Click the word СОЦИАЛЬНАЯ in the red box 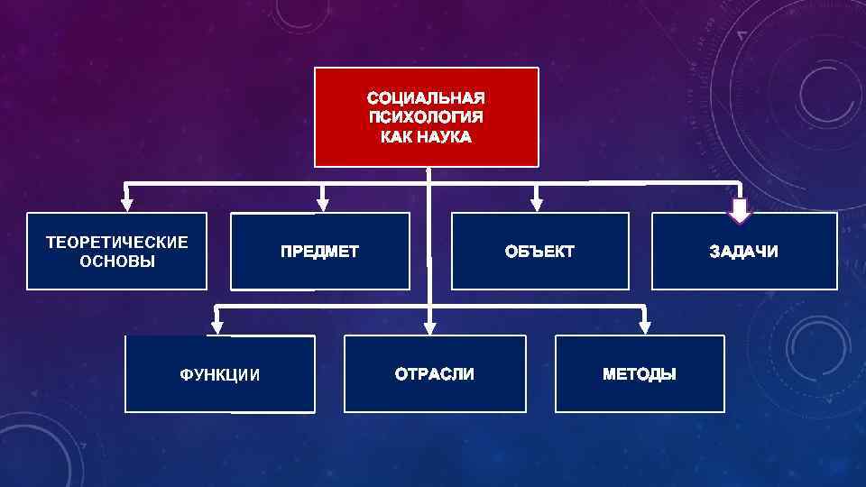point(426,96)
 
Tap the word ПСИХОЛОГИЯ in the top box point(426,117)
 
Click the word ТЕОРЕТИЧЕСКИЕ point(117,243)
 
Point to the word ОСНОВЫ point(117,262)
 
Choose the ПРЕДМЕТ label point(319,252)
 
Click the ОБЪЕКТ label point(539,252)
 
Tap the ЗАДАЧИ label point(743,252)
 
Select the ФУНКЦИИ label point(220,375)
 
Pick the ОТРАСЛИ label point(434,373)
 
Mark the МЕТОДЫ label point(639,373)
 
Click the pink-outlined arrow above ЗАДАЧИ point(741,211)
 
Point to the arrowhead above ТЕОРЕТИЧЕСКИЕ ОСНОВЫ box point(127,205)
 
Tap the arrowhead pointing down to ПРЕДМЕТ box point(323,205)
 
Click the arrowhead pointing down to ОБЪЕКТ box point(537,205)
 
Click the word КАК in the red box point(396,137)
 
